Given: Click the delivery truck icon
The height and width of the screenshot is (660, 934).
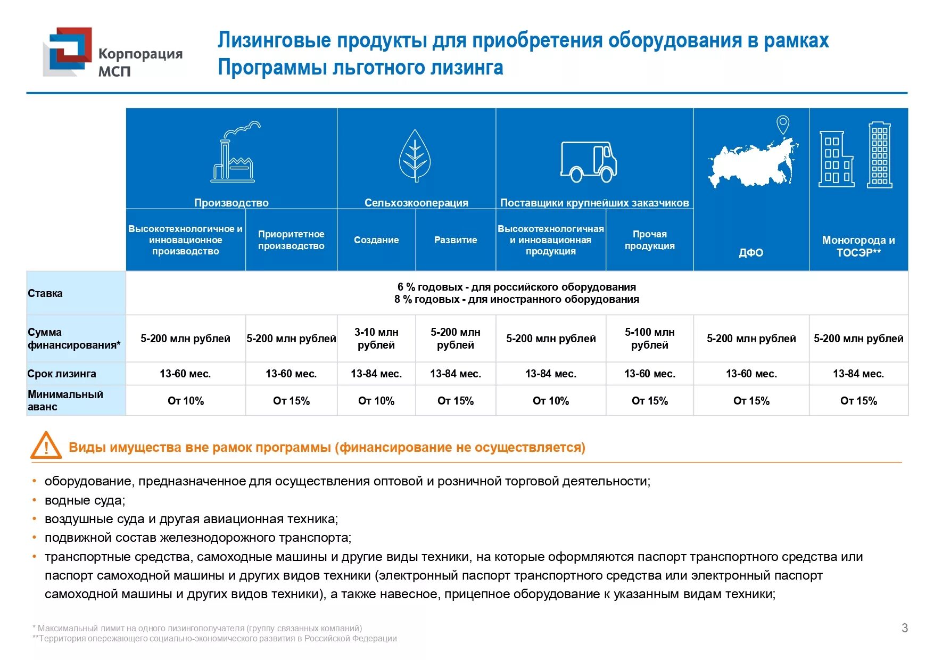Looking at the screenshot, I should click(589, 161).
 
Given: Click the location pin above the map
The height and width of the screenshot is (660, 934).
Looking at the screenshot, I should click(782, 125).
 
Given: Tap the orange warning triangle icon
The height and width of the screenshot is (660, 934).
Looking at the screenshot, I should click(46, 445).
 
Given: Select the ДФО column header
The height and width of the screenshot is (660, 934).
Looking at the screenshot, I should click(751, 252).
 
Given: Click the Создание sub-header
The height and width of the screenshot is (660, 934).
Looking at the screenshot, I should click(376, 240).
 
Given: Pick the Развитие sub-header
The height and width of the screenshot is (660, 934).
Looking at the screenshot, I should click(456, 240).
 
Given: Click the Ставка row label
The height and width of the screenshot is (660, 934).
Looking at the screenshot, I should click(45, 293).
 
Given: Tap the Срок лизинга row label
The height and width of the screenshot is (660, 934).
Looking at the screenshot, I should click(62, 374).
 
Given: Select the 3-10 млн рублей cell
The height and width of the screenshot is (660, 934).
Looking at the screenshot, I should click(376, 339).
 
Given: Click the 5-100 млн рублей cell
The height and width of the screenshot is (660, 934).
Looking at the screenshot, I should click(649, 339).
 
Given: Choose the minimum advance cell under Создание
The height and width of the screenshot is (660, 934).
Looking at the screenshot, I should click(376, 401).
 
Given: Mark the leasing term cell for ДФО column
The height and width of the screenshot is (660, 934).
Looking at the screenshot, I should click(751, 374).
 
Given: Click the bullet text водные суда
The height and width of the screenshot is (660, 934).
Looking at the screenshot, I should click(85, 500).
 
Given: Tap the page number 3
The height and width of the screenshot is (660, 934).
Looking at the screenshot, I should click(904, 628).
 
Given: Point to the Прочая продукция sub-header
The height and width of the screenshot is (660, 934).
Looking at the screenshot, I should click(649, 240).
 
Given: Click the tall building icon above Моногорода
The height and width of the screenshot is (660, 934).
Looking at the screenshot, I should click(879, 155).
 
